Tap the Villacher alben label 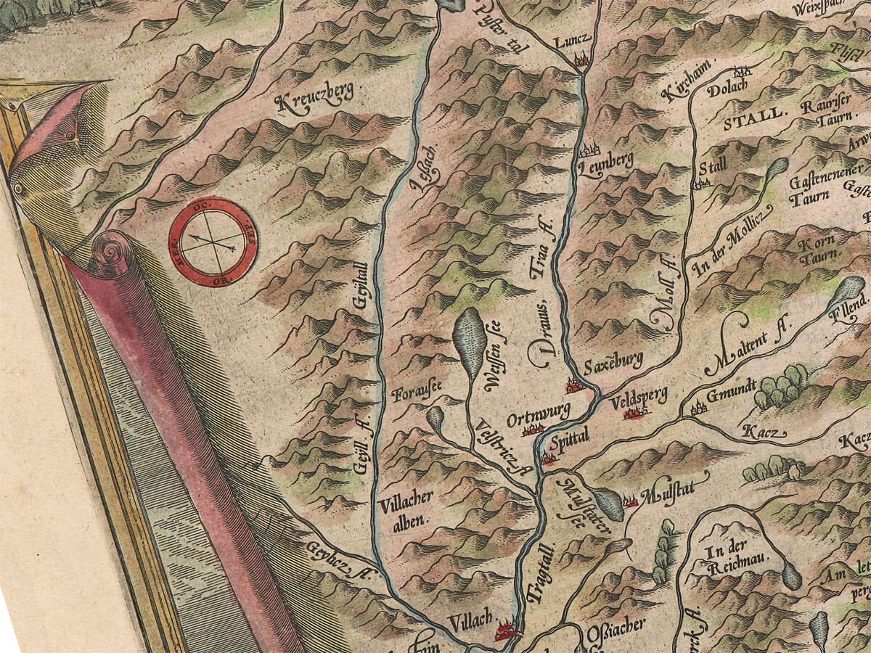(x=404, y=508)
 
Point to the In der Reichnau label (x=726, y=559)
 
